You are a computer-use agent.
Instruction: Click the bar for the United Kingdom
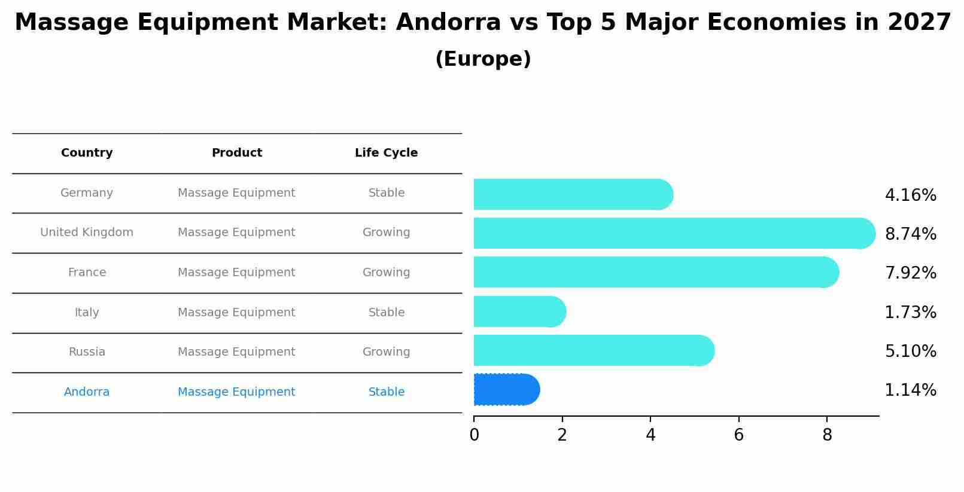pos(670,233)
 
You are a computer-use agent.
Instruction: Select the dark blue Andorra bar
pos(506,390)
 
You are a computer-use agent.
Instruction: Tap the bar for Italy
pos(518,311)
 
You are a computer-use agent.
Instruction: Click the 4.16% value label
pos(910,195)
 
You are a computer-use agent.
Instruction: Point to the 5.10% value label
pos(910,352)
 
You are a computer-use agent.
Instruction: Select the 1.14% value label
pos(910,390)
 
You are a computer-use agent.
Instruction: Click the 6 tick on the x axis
pos(738,435)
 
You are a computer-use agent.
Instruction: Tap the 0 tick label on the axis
pos(474,435)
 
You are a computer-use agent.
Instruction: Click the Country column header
pos(87,153)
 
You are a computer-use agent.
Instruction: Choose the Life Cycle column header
pos(386,153)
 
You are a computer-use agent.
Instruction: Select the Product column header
pos(236,153)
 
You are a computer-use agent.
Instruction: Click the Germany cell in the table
pos(87,193)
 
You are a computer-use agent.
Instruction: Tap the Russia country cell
pos(87,352)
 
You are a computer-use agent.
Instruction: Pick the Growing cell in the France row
pos(386,273)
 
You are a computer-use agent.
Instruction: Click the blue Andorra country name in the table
pos(87,392)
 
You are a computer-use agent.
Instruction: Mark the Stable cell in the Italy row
pos(386,313)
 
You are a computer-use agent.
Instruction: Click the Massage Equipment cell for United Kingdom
pos(236,233)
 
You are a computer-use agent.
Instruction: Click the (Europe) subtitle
pos(483,59)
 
